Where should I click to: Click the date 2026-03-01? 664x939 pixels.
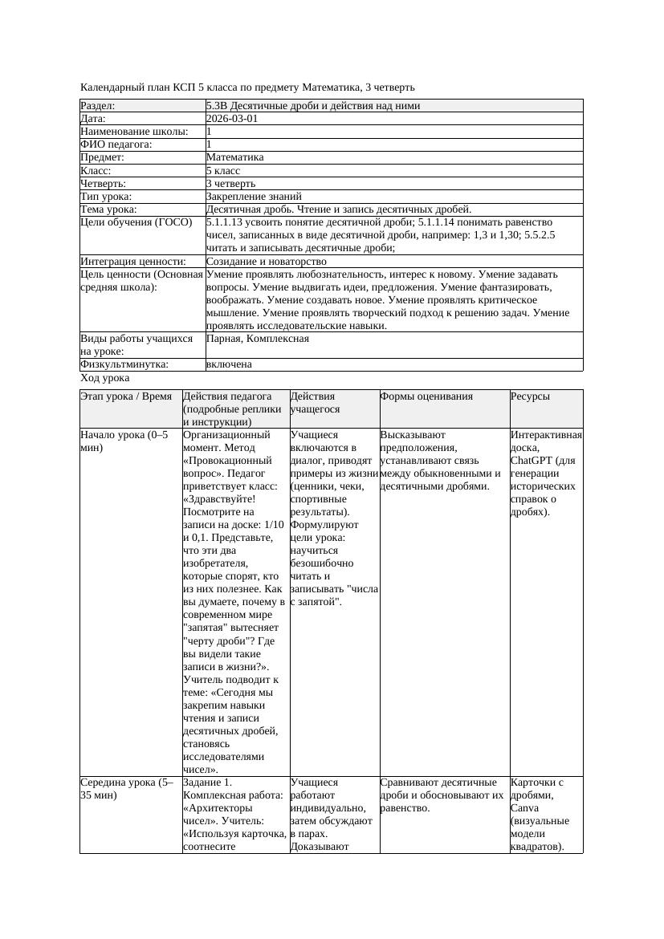click(x=232, y=118)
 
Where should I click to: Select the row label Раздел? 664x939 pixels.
click(x=98, y=105)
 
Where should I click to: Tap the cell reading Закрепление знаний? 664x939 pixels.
click(x=254, y=196)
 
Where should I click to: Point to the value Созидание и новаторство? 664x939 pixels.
click(x=266, y=262)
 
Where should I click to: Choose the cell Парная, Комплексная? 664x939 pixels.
click(x=257, y=339)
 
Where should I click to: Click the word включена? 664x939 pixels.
click(x=229, y=364)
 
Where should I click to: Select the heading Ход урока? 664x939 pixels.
click(x=105, y=378)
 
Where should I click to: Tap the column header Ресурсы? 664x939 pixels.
click(x=531, y=396)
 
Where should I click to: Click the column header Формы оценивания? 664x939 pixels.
click(x=426, y=396)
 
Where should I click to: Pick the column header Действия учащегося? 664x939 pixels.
click(x=312, y=402)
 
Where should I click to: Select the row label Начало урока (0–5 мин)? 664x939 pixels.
click(x=124, y=441)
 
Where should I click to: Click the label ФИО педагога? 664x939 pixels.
click(x=116, y=144)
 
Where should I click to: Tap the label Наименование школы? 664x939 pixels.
click(x=134, y=131)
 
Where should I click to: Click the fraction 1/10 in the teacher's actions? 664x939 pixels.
click(x=273, y=524)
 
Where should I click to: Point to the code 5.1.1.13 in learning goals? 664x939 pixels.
click(x=226, y=222)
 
